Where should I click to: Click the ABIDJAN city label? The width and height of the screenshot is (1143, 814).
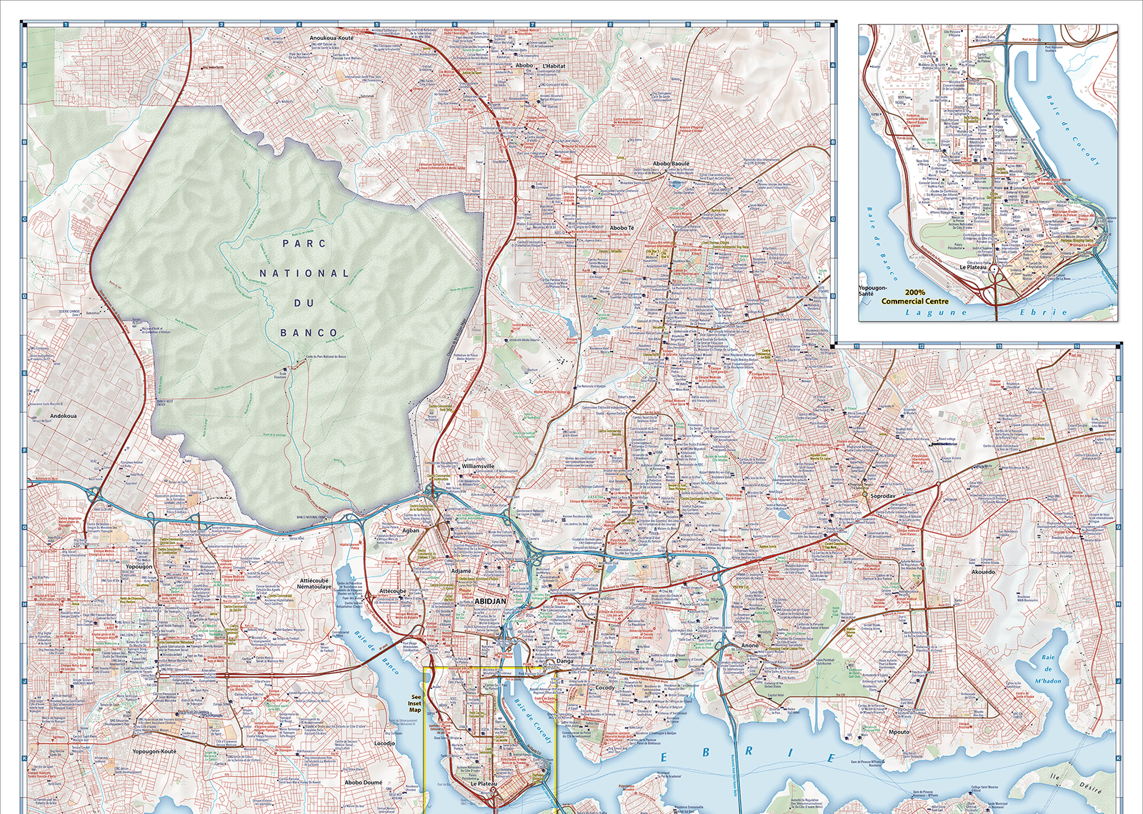click(x=490, y=601)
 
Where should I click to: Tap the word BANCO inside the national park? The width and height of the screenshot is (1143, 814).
click(x=309, y=333)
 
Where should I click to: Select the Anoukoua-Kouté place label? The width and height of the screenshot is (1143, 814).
click(x=331, y=38)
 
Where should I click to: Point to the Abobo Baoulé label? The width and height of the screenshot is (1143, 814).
click(x=671, y=164)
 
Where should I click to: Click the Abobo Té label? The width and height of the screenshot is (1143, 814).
click(x=622, y=228)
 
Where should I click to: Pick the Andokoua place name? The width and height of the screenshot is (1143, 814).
click(x=63, y=415)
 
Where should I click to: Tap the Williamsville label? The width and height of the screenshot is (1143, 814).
click(x=478, y=466)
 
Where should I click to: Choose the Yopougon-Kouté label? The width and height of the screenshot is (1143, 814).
click(x=154, y=751)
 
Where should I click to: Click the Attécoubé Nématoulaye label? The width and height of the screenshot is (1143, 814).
click(x=314, y=583)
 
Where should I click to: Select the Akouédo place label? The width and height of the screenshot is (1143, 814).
click(x=983, y=572)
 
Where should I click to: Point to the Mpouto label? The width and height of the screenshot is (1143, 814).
click(x=899, y=732)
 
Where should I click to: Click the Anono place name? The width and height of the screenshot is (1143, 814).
click(x=749, y=645)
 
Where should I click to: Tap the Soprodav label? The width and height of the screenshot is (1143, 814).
click(x=883, y=495)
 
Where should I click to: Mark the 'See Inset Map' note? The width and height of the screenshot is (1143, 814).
click(x=415, y=703)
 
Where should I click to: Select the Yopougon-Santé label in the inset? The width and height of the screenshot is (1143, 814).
click(x=872, y=290)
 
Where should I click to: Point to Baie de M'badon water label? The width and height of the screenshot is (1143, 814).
click(x=1047, y=669)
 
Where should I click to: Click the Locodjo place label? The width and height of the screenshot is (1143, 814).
click(x=384, y=743)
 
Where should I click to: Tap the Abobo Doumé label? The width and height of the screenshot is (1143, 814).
click(x=364, y=782)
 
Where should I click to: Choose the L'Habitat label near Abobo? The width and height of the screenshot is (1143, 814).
click(x=554, y=66)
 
